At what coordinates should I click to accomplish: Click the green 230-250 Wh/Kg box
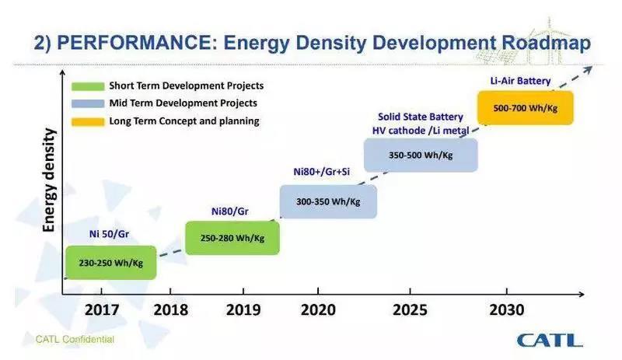click(110, 263)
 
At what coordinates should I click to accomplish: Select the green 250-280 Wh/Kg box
click(232, 237)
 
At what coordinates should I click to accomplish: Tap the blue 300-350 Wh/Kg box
click(328, 201)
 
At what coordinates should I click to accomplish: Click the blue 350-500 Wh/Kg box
click(421, 155)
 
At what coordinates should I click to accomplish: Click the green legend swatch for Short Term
click(86, 86)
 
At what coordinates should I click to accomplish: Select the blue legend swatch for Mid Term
click(86, 103)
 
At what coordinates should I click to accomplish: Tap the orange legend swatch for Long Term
click(86, 121)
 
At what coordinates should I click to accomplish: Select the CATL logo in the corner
click(550, 341)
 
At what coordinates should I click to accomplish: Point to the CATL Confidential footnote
click(75, 339)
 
